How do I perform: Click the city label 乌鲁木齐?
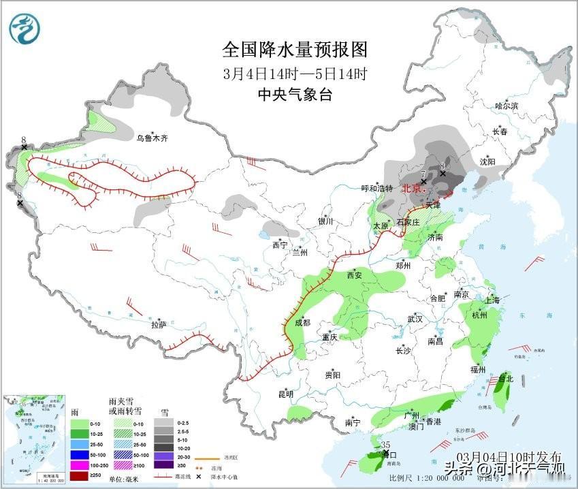pos(150,138)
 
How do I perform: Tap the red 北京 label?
pos(412,189)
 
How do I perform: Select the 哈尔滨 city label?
pos(507,106)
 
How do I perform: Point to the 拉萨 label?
pos(158,326)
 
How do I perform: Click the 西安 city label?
pos(354,276)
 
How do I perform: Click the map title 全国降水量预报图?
pos(295,50)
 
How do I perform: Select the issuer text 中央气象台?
pos(295,95)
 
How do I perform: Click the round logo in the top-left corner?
pos(25,29)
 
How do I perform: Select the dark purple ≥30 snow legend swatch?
pos(163,465)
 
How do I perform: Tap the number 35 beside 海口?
pos(386,445)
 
